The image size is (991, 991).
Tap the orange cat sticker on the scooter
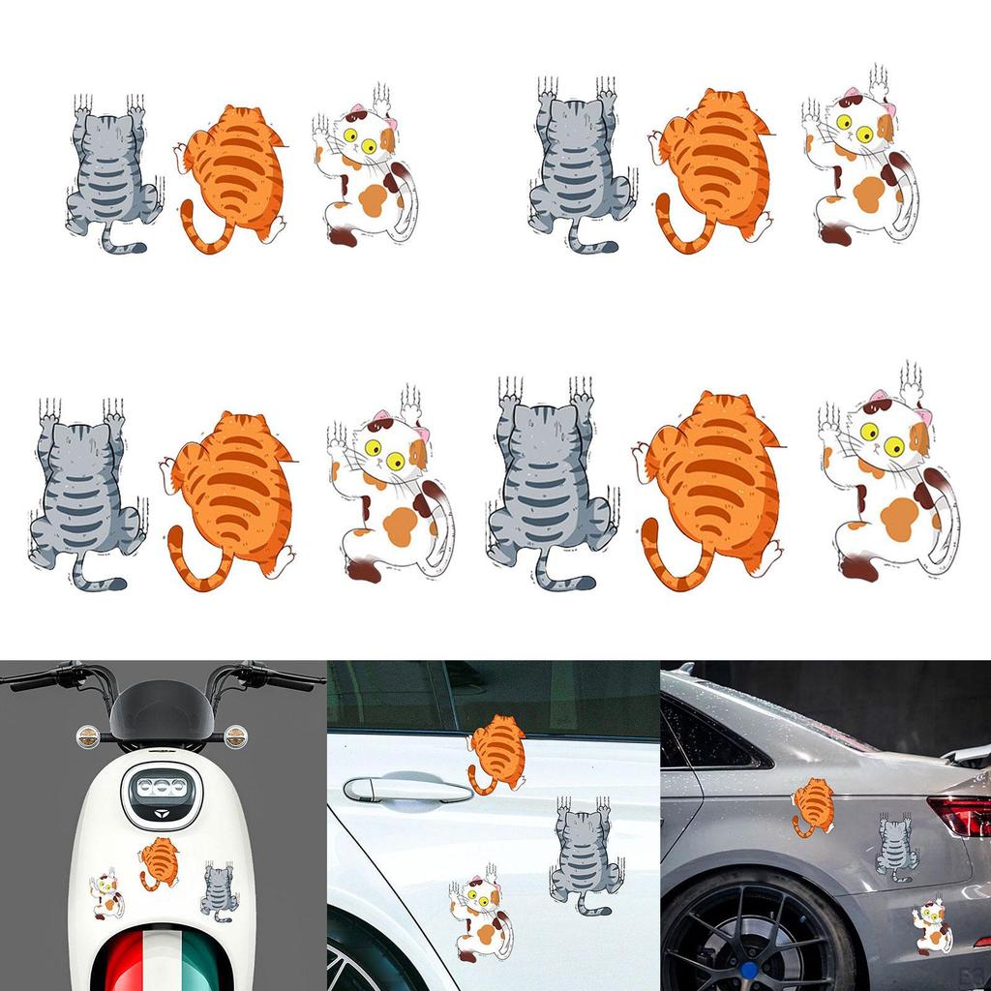pyautogui.click(x=159, y=859)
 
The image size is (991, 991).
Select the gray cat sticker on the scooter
pyautogui.click(x=220, y=890)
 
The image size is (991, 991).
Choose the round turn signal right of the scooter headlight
pyautogui.click(x=235, y=736)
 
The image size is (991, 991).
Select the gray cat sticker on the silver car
pyautogui.click(x=896, y=846)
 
